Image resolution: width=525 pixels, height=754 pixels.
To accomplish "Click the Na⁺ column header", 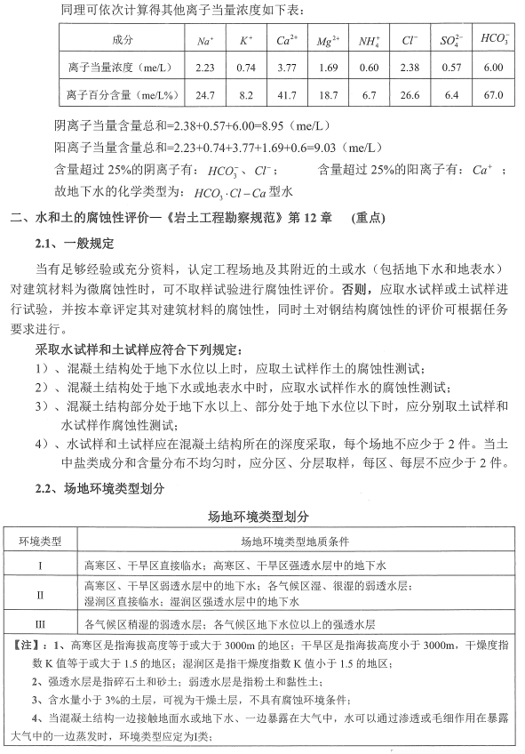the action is click(x=205, y=42).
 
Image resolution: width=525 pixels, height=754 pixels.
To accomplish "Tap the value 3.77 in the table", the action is click(x=286, y=68).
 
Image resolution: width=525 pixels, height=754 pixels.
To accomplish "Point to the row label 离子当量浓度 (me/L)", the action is click(x=120, y=68).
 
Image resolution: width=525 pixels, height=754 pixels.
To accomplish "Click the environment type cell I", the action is click(x=40, y=565).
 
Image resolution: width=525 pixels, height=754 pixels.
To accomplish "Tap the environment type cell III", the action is click(x=40, y=624).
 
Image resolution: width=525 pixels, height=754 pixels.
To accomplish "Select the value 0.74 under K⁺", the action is click(x=247, y=68).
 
